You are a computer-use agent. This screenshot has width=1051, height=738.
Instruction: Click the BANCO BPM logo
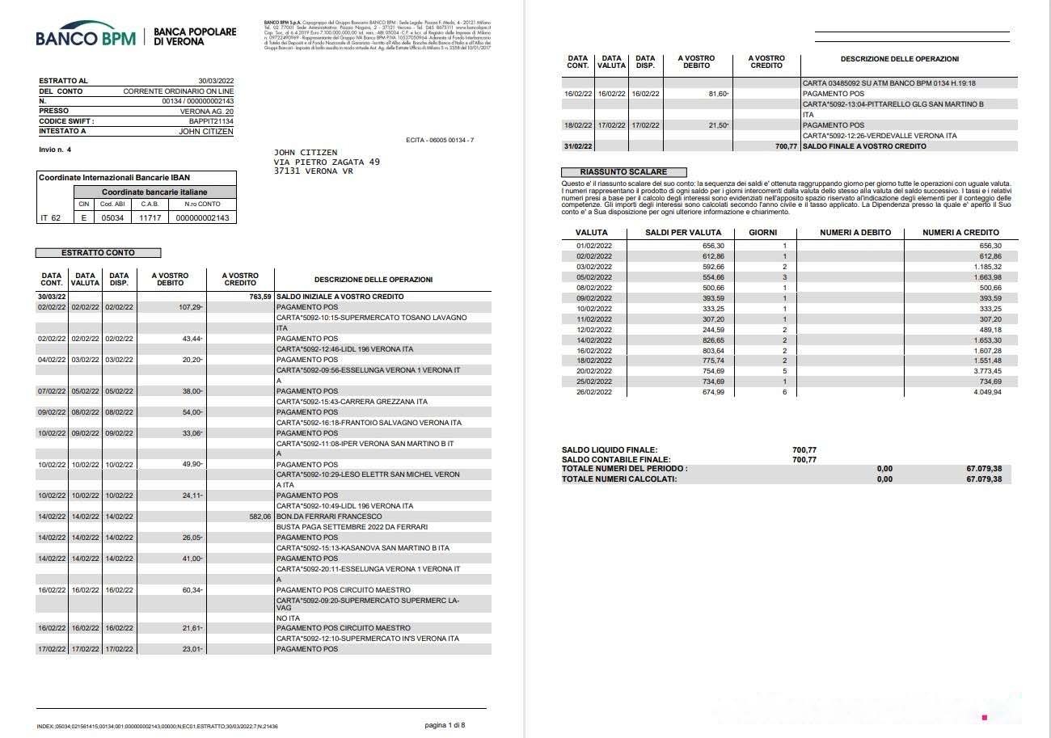pos(86,37)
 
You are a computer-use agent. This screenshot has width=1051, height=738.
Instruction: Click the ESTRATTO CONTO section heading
pos(99,253)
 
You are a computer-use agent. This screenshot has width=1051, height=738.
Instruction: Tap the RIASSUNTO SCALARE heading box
pos(623,172)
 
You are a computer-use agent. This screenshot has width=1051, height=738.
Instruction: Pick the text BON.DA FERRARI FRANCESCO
pos(328,517)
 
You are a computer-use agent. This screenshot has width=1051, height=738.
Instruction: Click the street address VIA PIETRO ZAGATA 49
pos(327,162)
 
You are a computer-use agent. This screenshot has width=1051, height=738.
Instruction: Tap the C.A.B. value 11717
pos(150,217)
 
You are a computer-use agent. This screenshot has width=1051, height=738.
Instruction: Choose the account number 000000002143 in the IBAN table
pos(201,217)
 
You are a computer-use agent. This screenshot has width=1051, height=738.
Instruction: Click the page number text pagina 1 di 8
pos(445,725)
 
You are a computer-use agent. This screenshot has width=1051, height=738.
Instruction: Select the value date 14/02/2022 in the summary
pos(594,340)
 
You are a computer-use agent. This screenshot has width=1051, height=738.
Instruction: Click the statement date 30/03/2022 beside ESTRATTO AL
pos(215,81)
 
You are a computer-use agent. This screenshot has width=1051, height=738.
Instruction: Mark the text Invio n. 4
pos(55,150)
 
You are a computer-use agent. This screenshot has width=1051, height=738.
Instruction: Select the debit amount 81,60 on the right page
pos(717,94)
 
